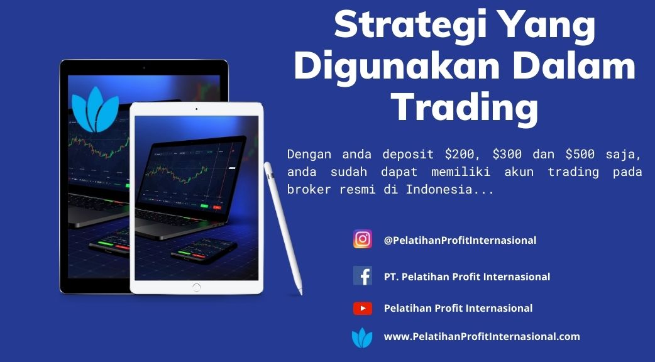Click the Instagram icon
(363, 239)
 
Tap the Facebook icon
(363, 276)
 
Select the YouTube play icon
(363, 309)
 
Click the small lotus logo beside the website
(362, 337)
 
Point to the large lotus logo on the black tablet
(96, 109)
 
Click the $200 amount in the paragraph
(459, 154)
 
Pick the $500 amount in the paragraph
(580, 154)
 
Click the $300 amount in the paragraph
(507, 154)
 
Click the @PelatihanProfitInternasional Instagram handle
(460, 241)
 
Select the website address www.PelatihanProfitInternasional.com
(482, 336)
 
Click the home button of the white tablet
(196, 287)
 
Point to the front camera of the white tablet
(196, 109)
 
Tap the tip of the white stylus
(300, 293)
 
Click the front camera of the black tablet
(144, 68)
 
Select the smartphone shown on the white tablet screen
(204, 251)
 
